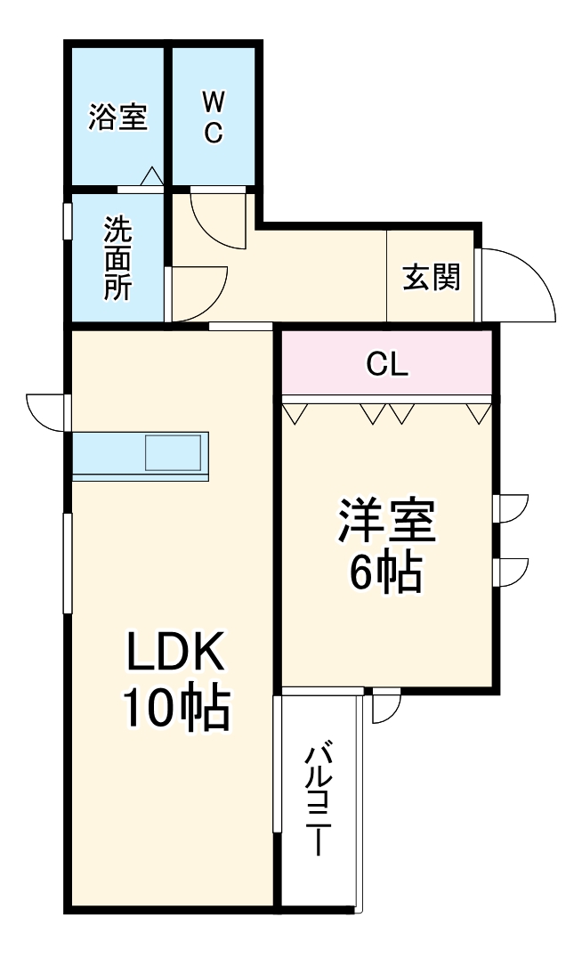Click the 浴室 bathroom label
[117, 118]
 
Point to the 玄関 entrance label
[432, 277]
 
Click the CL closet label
[387, 363]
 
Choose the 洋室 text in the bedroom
[385, 523]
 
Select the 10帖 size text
[175, 708]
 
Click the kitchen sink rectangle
[175, 452]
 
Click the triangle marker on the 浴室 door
[151, 178]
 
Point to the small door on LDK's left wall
[46, 411]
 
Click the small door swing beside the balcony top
[386, 707]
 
